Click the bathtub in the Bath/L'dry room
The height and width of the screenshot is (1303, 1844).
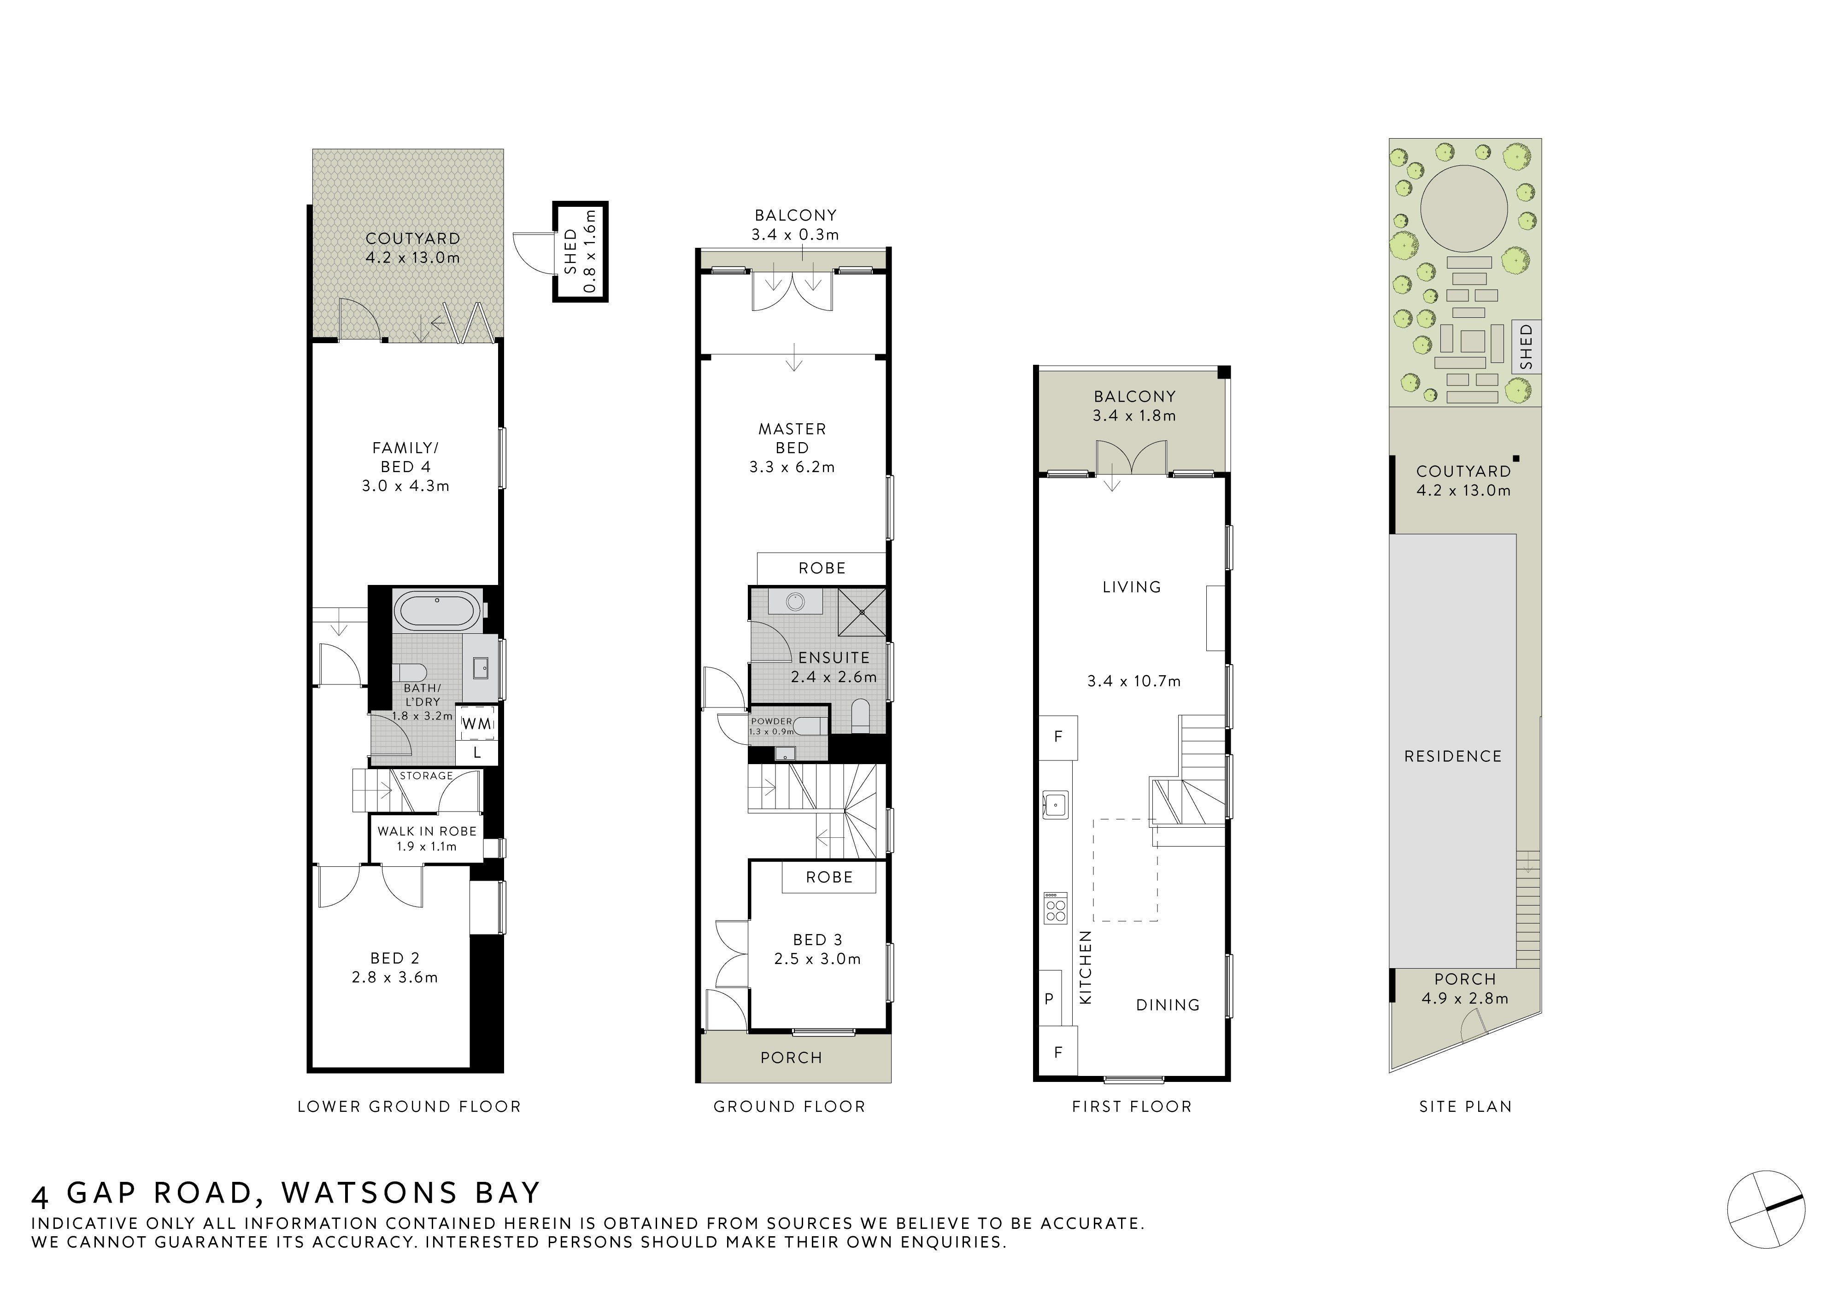(437, 611)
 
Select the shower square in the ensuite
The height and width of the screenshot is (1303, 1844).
(862, 612)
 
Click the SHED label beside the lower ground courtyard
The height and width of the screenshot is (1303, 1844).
(571, 251)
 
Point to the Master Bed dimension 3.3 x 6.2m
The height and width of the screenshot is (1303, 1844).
(792, 467)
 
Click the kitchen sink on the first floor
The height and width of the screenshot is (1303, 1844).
(1055, 804)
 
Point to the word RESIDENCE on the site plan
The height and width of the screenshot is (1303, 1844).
(1452, 756)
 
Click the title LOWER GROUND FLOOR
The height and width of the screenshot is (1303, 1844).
(409, 1106)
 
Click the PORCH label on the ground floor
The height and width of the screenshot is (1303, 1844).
(791, 1058)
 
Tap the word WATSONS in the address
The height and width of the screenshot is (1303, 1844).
(370, 1193)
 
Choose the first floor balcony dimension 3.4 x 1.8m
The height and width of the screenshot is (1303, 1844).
(1134, 416)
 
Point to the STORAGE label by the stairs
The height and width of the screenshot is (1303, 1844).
(427, 776)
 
